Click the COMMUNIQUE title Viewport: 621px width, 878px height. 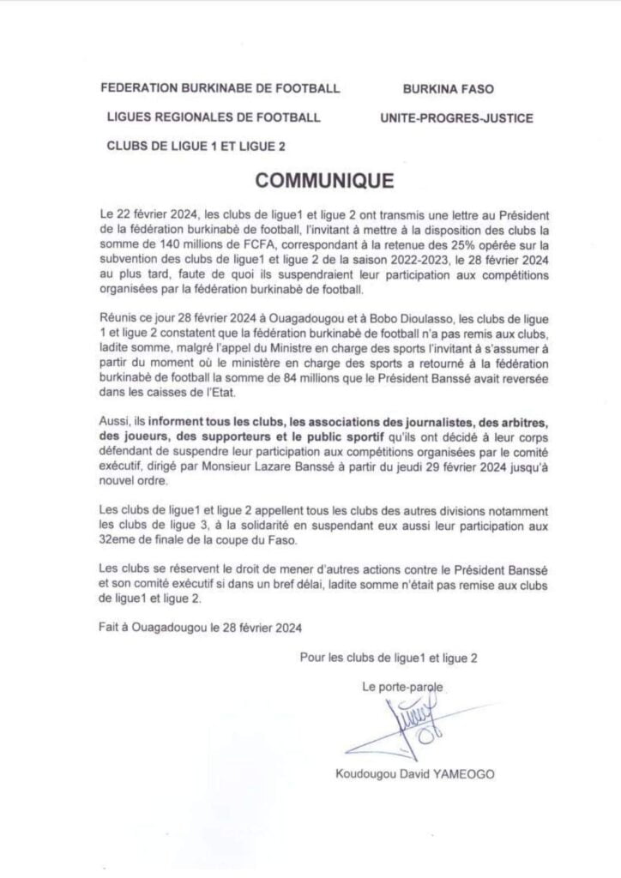coord(324,181)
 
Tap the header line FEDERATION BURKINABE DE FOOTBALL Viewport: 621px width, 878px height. coord(220,88)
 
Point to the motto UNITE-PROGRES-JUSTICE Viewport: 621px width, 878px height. coord(456,117)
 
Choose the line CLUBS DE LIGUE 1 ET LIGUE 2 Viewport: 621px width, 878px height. coord(196,147)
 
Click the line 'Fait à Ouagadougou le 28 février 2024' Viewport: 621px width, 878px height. coord(200,627)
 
